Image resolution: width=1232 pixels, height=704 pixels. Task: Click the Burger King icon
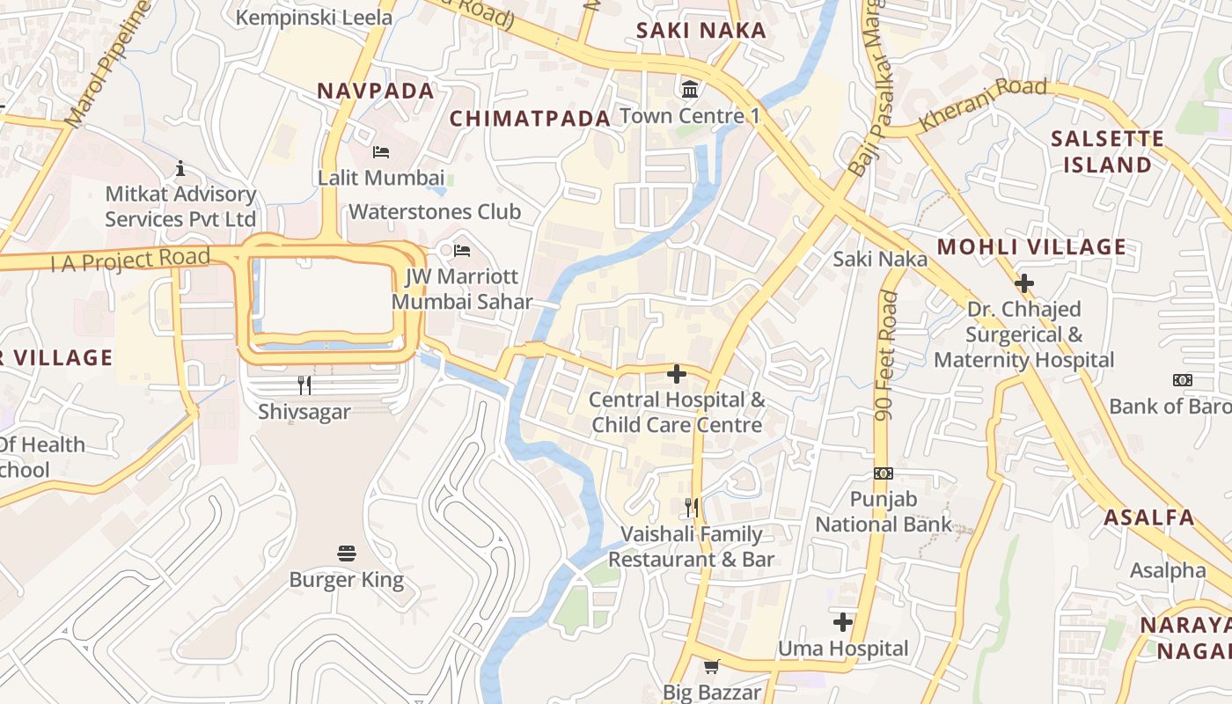click(x=347, y=554)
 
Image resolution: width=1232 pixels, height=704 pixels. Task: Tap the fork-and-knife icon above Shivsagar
click(x=304, y=385)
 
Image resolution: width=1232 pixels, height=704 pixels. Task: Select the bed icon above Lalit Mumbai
click(x=381, y=152)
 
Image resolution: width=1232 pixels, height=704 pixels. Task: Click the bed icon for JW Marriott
click(x=462, y=251)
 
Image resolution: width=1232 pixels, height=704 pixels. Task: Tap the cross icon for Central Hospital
click(x=676, y=374)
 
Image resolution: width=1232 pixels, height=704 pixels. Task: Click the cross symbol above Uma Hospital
click(x=843, y=622)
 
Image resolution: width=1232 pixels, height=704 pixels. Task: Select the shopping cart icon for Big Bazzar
click(x=711, y=666)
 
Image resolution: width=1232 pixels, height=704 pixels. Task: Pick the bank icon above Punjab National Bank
click(x=884, y=473)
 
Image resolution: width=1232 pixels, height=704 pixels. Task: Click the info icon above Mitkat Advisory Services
click(x=180, y=168)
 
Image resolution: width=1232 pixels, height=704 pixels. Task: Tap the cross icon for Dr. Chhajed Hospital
click(x=1023, y=283)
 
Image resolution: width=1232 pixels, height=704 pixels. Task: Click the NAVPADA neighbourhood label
click(x=376, y=91)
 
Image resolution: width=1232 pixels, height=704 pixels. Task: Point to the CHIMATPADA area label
click(x=530, y=119)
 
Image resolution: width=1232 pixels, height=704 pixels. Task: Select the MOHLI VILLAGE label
click(x=1031, y=247)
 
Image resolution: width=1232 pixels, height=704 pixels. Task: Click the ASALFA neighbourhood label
click(x=1149, y=517)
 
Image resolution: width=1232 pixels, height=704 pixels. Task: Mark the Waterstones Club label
click(x=435, y=212)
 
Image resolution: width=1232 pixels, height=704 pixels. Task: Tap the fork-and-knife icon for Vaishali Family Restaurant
click(x=692, y=507)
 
